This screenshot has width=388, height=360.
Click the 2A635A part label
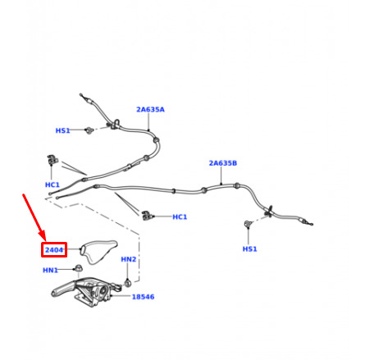(x=150, y=110)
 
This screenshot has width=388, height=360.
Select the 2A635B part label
(x=223, y=163)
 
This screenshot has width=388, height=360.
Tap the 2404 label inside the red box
(x=54, y=250)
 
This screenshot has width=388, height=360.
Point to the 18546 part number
(x=143, y=297)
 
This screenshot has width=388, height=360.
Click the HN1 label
(x=50, y=270)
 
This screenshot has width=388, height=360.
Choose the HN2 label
(x=129, y=259)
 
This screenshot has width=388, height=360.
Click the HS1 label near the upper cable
(x=62, y=130)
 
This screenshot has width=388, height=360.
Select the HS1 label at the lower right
(x=249, y=248)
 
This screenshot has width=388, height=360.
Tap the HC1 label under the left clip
(x=52, y=185)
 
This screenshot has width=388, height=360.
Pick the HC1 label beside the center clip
(x=180, y=216)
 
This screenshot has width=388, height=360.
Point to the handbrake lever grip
(x=63, y=289)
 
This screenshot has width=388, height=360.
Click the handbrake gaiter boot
(x=98, y=251)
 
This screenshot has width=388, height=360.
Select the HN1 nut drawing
(x=79, y=268)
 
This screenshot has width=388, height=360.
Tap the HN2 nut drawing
(x=128, y=283)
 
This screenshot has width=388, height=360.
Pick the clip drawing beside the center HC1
(x=148, y=216)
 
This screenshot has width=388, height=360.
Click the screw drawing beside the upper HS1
(x=89, y=130)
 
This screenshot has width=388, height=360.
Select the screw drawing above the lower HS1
(x=248, y=224)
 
